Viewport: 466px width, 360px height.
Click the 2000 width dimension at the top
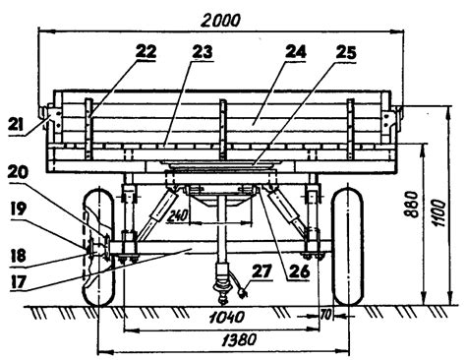pos(220,21)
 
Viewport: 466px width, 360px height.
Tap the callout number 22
pos(146,52)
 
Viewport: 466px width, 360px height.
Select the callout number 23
pos(202,52)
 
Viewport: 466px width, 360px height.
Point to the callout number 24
pos(295,52)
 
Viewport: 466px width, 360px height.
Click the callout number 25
pos(346,52)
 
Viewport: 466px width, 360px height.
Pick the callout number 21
pos(17,125)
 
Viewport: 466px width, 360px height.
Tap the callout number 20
pos(18,172)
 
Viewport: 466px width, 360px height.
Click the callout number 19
pos(18,209)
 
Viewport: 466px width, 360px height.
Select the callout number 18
pos(18,256)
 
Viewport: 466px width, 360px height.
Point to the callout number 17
pos(18,282)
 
